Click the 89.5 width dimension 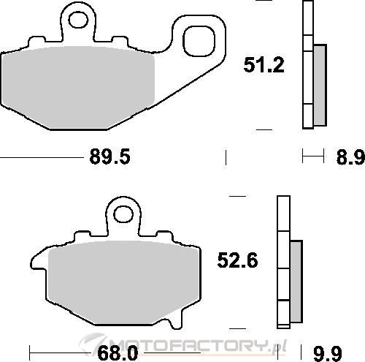[x=110, y=157]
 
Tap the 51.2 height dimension [x=264, y=65]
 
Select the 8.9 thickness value [x=350, y=157]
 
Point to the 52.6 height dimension [x=237, y=260]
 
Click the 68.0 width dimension [x=118, y=352]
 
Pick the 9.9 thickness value [x=328, y=353]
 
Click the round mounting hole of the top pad [x=78, y=20]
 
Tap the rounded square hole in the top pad [x=199, y=41]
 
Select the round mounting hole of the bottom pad [x=123, y=214]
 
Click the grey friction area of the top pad [x=78, y=87]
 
